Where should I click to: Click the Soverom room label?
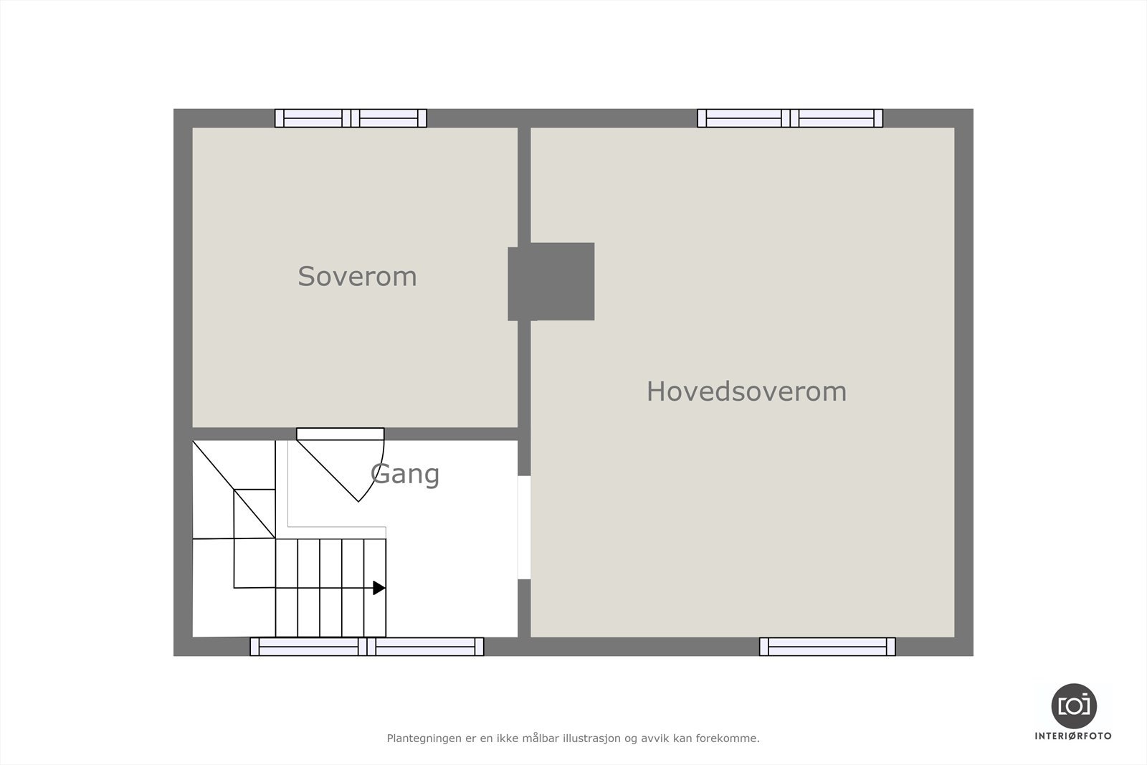[357, 277]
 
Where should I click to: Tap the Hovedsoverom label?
[746, 391]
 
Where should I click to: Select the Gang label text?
[405, 474]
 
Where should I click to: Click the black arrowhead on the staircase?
[379, 588]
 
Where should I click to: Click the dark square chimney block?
[551, 282]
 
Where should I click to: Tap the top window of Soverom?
[351, 118]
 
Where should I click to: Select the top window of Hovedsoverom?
[789, 118]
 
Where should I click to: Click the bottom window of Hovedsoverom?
[827, 647]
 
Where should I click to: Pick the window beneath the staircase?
[366, 647]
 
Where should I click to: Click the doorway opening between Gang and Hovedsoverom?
[524, 527]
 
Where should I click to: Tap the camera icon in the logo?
[1073, 705]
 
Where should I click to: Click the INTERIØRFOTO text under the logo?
[1073, 736]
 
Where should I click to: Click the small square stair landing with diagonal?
[254, 513]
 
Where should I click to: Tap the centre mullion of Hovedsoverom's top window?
[789, 118]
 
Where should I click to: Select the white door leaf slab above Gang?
[341, 434]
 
